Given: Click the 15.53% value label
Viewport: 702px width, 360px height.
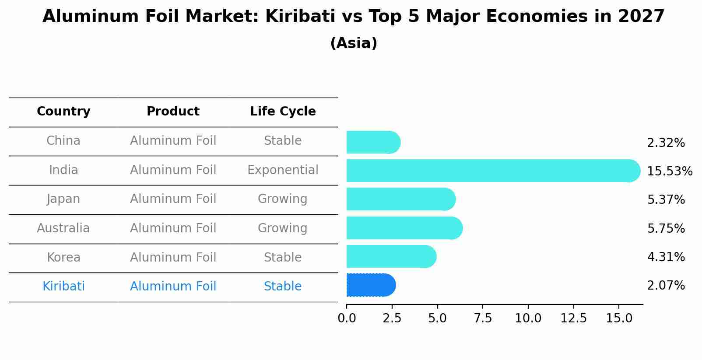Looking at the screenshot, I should click(x=669, y=171).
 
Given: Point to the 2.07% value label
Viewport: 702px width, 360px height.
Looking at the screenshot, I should click(x=666, y=286).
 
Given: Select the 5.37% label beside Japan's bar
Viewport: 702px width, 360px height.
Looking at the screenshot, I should click(x=666, y=200).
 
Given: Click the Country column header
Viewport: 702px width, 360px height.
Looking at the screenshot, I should click(x=63, y=112).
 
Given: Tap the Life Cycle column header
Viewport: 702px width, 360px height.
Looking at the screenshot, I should click(x=283, y=112).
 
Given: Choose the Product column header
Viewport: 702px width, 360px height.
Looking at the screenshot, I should click(x=173, y=112).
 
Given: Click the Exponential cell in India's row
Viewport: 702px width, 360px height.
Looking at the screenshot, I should click(x=283, y=170).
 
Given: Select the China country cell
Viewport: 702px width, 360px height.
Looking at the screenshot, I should click(x=63, y=141).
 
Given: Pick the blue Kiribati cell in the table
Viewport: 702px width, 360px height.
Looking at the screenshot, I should click(x=63, y=287).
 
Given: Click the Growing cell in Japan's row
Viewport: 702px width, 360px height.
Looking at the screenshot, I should click(x=283, y=199).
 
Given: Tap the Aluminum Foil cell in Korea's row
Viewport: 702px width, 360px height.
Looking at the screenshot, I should click(x=173, y=258).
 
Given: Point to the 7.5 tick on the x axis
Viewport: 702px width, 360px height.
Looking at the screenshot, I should click(x=483, y=318).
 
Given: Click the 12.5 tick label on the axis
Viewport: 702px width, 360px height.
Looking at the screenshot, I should click(x=573, y=318).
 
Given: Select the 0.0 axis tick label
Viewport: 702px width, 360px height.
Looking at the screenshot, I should click(x=347, y=318).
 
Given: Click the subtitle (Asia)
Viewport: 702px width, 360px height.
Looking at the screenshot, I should click(x=354, y=43).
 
